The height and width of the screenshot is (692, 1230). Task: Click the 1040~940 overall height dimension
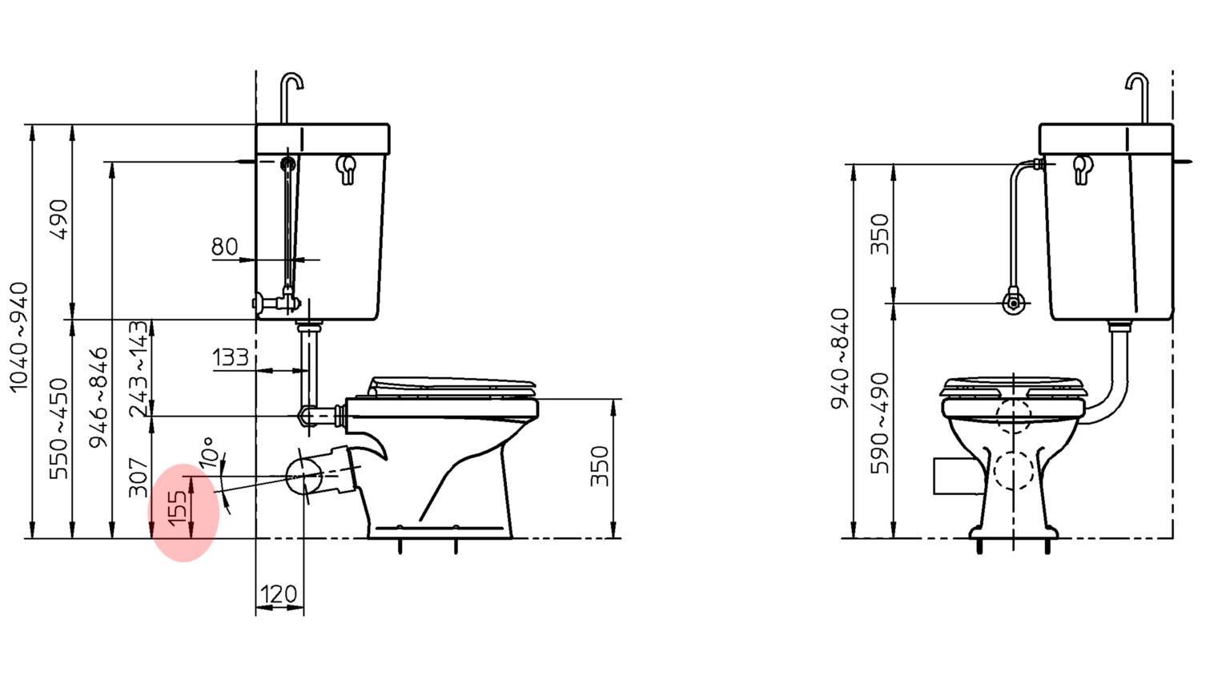click(x=20, y=337)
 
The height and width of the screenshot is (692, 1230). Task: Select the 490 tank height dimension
click(x=58, y=219)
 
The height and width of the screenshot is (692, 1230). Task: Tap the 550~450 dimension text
click(x=58, y=428)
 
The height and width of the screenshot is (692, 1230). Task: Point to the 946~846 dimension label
click(x=98, y=397)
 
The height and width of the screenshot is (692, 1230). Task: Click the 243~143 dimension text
click(x=139, y=368)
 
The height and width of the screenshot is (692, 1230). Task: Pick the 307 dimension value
click(x=139, y=477)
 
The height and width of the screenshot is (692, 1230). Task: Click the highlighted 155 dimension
click(x=177, y=507)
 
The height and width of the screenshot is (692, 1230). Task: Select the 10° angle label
click(x=209, y=452)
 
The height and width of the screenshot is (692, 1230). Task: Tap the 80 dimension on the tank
click(x=224, y=247)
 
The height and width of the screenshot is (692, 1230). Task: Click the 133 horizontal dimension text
click(x=231, y=357)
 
